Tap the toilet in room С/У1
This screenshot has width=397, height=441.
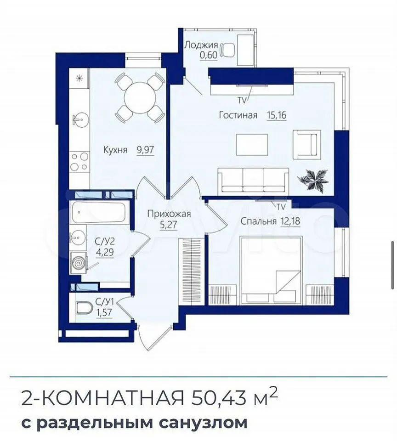click(85, 308)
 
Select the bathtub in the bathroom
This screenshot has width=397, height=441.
click(98, 212)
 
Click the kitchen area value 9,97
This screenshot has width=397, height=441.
click(146, 149)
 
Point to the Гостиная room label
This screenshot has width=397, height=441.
click(238, 115)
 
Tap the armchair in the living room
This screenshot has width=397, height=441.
click(306, 145)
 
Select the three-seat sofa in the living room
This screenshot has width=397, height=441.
click(253, 180)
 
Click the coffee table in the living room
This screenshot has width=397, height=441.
click(252, 145)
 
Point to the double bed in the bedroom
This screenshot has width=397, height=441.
click(271, 271)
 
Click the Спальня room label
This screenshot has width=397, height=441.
click(258, 221)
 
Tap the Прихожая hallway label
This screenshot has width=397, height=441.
click(169, 214)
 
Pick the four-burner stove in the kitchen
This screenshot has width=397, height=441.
click(79, 162)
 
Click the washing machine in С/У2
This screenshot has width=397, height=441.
click(79, 263)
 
